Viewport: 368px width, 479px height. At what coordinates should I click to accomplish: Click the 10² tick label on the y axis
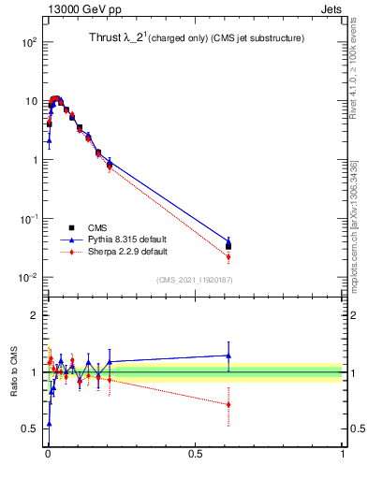click(28, 43)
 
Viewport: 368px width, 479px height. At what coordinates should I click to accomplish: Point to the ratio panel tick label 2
click(35, 315)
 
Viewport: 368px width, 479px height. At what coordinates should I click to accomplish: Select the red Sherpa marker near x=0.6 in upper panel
click(228, 257)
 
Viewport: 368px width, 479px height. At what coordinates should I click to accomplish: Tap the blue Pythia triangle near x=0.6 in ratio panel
click(228, 356)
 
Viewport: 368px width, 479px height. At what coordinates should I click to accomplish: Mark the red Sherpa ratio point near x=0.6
click(228, 404)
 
